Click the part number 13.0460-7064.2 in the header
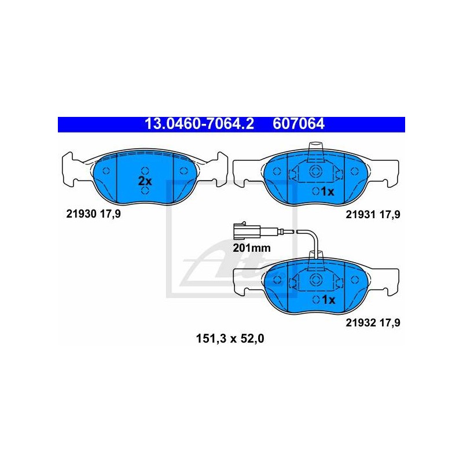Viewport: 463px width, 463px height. [199, 124]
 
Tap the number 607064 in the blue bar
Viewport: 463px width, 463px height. [299, 124]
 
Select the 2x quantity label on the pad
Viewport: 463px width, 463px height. [145, 181]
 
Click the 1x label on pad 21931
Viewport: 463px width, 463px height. [328, 192]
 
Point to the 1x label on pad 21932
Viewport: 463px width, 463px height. [328, 300]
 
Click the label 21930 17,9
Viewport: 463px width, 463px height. [93, 214]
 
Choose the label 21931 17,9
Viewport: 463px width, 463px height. [373, 214]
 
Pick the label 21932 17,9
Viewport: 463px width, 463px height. [373, 323]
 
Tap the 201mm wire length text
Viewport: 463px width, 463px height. [252, 248]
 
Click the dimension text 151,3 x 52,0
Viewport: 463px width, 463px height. [230, 339]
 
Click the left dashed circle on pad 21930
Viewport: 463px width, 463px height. [106, 171]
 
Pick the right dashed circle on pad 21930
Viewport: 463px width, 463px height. [183, 171]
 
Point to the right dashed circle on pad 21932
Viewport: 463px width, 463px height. [355, 280]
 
